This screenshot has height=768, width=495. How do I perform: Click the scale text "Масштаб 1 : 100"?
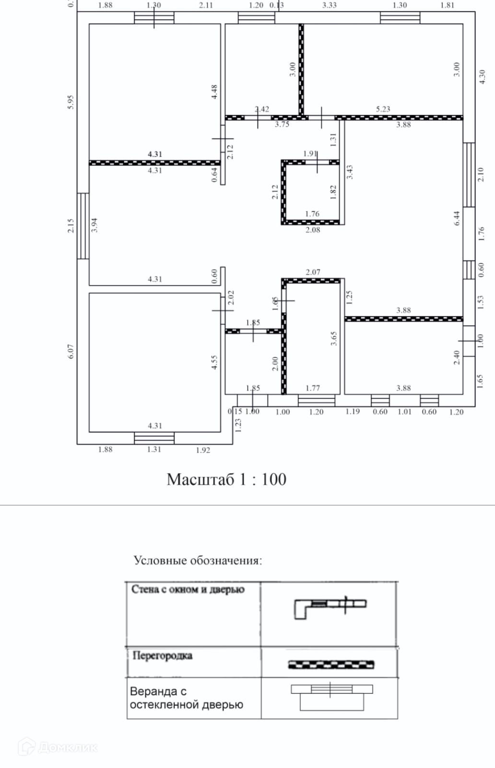(x=226, y=479)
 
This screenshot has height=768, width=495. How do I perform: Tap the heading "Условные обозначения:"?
(x=198, y=560)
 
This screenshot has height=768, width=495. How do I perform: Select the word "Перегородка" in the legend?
(x=162, y=655)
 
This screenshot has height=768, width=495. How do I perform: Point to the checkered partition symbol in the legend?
(x=331, y=664)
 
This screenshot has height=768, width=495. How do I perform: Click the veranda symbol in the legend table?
(x=332, y=696)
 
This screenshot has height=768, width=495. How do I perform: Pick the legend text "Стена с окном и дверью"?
(x=188, y=589)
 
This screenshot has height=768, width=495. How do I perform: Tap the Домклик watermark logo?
(x=58, y=747)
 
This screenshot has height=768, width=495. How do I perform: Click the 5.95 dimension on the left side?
(x=71, y=102)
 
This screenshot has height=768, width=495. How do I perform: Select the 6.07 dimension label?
(x=71, y=351)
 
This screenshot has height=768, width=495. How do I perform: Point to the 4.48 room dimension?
(x=214, y=92)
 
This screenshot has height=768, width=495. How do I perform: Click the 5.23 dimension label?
(x=383, y=109)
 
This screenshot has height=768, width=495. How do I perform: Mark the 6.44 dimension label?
(x=457, y=218)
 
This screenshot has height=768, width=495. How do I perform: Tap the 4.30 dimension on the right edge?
(x=482, y=77)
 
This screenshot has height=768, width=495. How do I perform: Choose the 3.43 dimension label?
(x=350, y=172)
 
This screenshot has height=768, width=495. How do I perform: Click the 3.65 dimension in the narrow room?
(x=334, y=338)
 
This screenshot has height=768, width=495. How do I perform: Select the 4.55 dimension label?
(x=214, y=362)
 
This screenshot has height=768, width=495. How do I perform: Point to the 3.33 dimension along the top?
(x=329, y=5)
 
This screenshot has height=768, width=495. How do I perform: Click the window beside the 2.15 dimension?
(x=83, y=226)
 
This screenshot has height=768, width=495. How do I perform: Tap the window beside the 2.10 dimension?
(x=469, y=174)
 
